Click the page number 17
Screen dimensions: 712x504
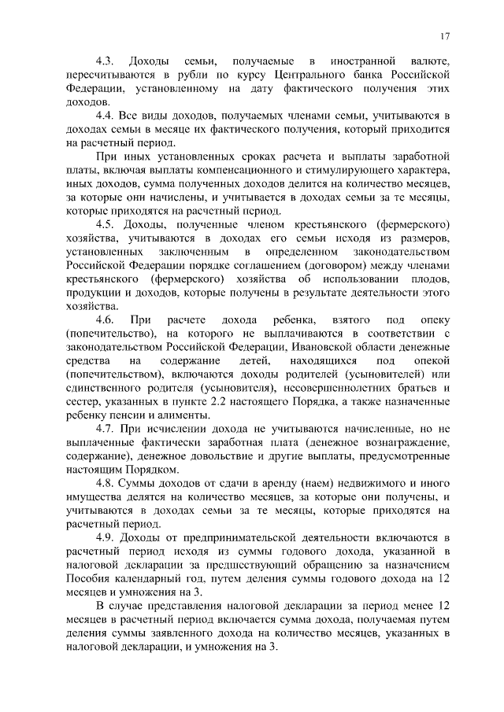click(445, 35)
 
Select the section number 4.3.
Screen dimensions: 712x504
click(106, 61)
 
